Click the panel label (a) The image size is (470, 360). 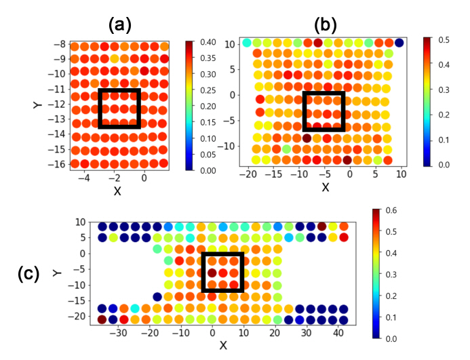click(x=119, y=26)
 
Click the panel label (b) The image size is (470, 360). click(x=326, y=24)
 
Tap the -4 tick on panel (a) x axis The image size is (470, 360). click(x=84, y=178)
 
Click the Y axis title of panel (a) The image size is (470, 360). click(x=37, y=106)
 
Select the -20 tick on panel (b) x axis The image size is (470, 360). click(x=250, y=175)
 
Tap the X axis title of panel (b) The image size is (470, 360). click(x=325, y=187)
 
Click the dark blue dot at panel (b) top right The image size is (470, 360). click(x=399, y=43)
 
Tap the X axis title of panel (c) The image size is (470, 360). click(x=223, y=346)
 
